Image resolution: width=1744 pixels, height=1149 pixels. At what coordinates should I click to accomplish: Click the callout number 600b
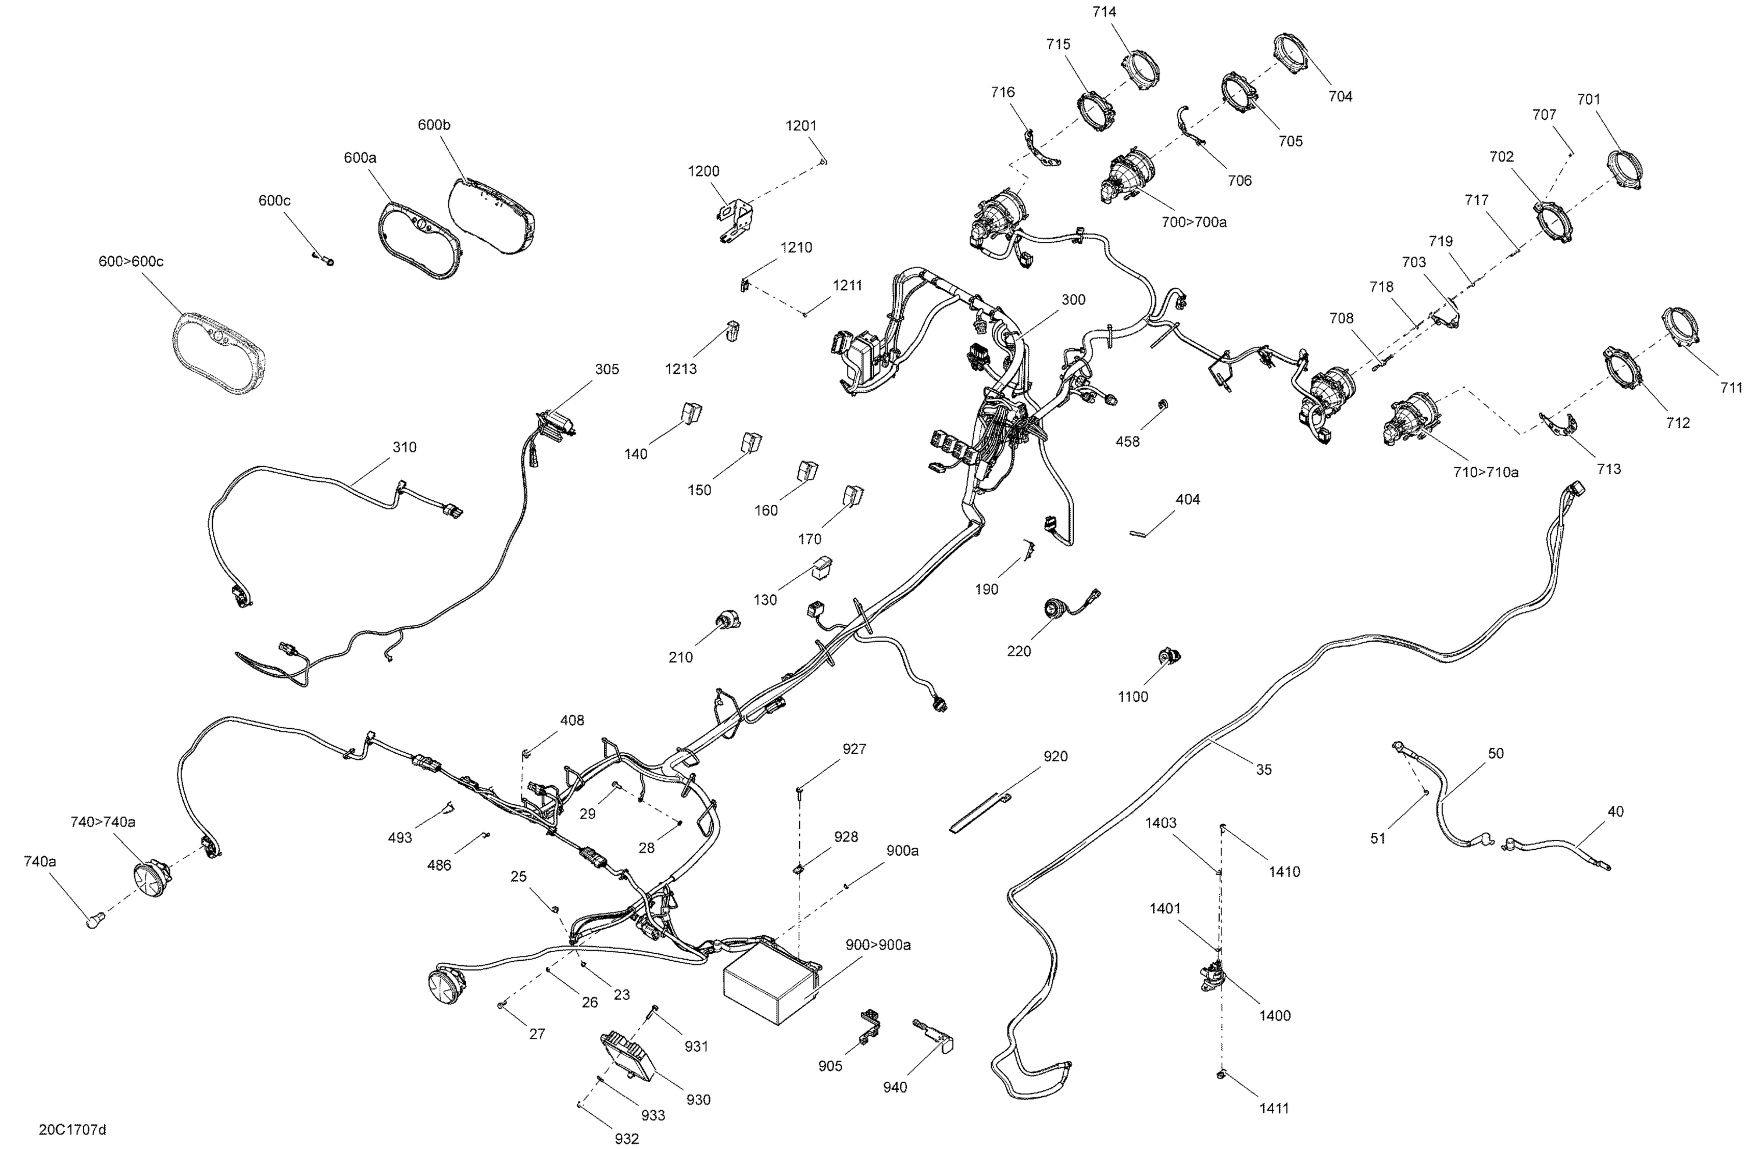[434, 124]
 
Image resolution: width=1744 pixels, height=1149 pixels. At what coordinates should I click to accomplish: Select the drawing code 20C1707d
[73, 1129]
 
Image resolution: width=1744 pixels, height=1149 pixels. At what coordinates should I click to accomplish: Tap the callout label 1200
[703, 171]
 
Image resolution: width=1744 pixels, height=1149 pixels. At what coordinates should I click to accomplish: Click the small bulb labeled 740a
[96, 919]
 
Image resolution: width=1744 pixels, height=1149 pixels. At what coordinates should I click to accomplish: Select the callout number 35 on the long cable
[1264, 769]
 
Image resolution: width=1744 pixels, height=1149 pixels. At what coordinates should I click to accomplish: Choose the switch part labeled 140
[692, 413]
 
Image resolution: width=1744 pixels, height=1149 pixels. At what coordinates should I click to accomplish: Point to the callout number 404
[1188, 499]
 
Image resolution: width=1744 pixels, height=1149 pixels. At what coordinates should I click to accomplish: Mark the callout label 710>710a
[1486, 472]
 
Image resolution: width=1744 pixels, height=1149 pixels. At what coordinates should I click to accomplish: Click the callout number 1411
[1274, 1109]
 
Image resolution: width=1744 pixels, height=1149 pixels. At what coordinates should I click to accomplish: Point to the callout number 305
[607, 369]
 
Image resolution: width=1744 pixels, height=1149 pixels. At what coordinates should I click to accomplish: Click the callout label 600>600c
[131, 262]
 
